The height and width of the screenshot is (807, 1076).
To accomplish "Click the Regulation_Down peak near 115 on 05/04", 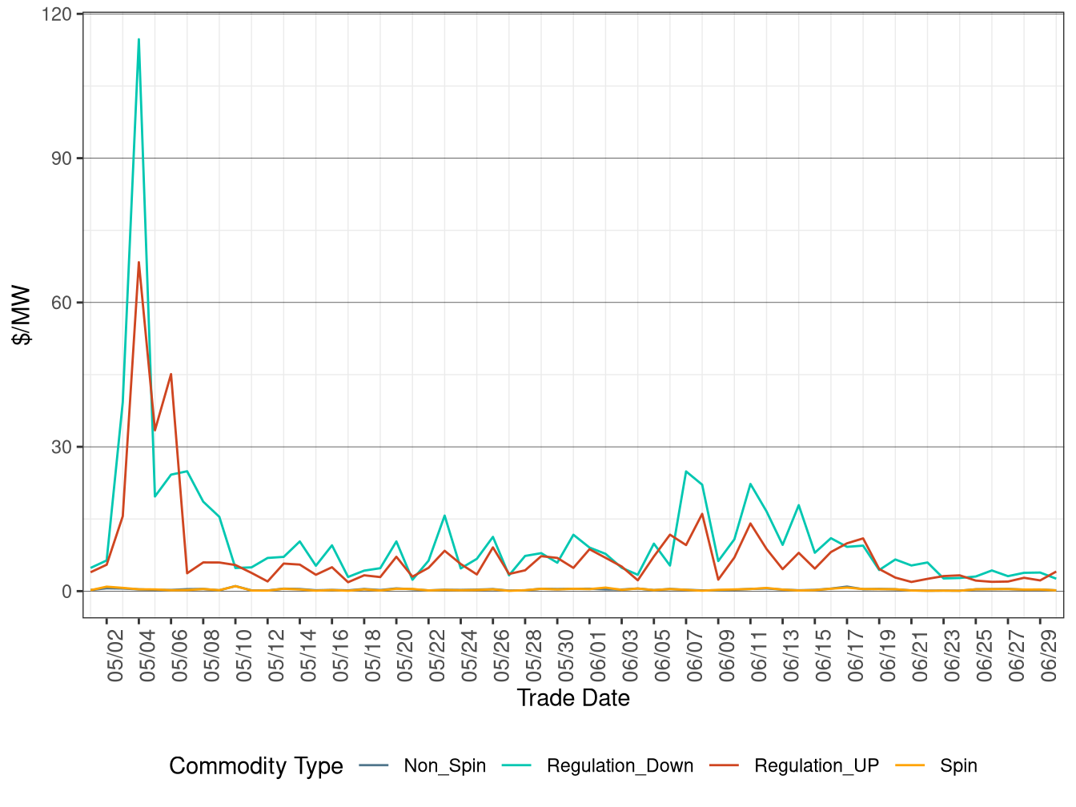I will (139, 39).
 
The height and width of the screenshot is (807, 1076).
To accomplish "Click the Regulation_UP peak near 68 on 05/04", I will (139, 262).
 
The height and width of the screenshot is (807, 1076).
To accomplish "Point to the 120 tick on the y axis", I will (62, 14).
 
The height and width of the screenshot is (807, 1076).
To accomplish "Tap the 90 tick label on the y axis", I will (62, 159).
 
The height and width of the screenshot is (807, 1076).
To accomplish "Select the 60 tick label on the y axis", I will (62, 303).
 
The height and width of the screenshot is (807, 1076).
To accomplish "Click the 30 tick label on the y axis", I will (62, 447).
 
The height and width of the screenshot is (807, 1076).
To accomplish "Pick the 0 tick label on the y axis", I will (67, 592).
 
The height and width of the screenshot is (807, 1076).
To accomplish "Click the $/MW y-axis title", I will (22, 315).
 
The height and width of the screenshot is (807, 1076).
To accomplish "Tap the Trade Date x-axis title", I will (573, 698).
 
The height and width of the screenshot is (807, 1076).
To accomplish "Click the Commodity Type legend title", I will (255, 766).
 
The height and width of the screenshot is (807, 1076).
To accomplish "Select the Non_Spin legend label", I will (444, 766).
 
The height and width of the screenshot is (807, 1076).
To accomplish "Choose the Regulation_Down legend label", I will (620, 766).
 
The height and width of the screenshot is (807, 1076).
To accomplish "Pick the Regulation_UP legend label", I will (816, 766).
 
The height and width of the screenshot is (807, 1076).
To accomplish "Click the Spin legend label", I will (958, 766).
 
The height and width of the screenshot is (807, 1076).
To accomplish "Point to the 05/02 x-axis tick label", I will (115, 656).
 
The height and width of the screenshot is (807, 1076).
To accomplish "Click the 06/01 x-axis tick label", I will (598, 656).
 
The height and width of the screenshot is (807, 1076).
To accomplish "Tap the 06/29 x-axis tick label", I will (1049, 656).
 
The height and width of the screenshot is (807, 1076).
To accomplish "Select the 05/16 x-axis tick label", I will (340, 656).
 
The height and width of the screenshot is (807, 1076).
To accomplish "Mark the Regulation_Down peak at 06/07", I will (686, 471).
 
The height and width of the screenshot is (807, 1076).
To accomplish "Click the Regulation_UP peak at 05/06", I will (171, 374).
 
